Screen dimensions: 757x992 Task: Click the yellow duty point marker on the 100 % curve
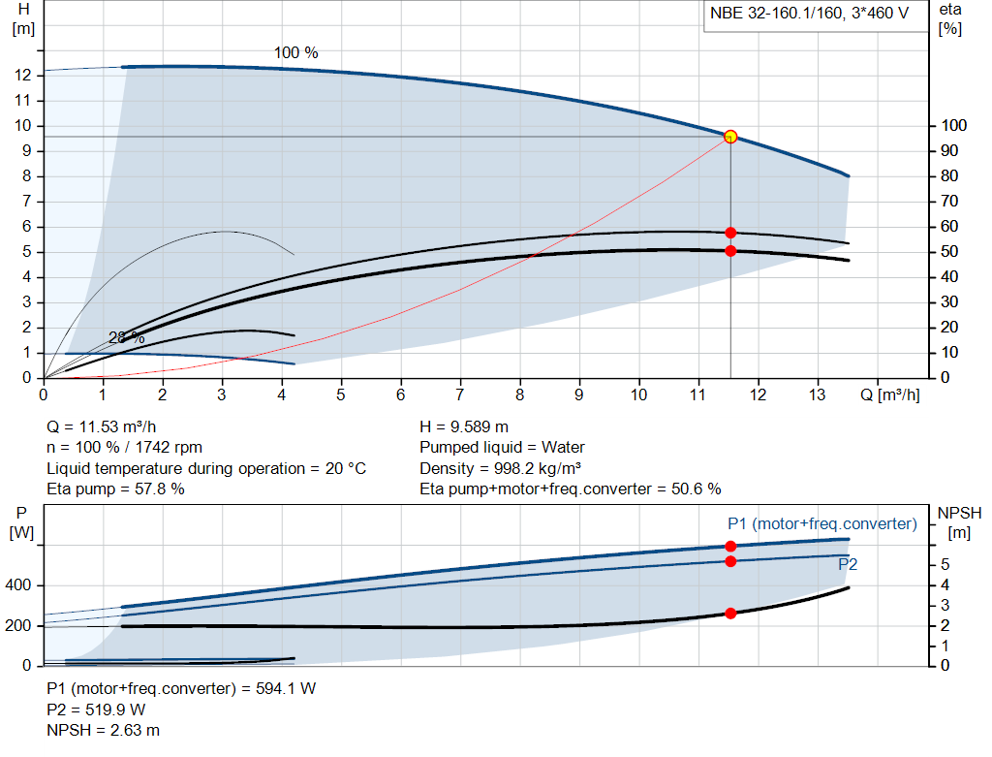730,137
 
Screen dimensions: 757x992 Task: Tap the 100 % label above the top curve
295,52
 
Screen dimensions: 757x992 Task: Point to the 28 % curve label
126,337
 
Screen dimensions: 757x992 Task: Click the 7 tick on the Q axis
460,395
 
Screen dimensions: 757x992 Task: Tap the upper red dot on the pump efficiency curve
730,233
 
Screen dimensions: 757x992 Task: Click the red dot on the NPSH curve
730,614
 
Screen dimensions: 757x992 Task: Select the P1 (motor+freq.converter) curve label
821,523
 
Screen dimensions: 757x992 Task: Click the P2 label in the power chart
848,564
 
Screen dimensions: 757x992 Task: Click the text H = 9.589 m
464,426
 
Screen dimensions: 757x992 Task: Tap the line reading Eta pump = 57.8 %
115,489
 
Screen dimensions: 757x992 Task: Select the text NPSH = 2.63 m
104,730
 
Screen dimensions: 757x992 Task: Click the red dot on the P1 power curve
730,547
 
